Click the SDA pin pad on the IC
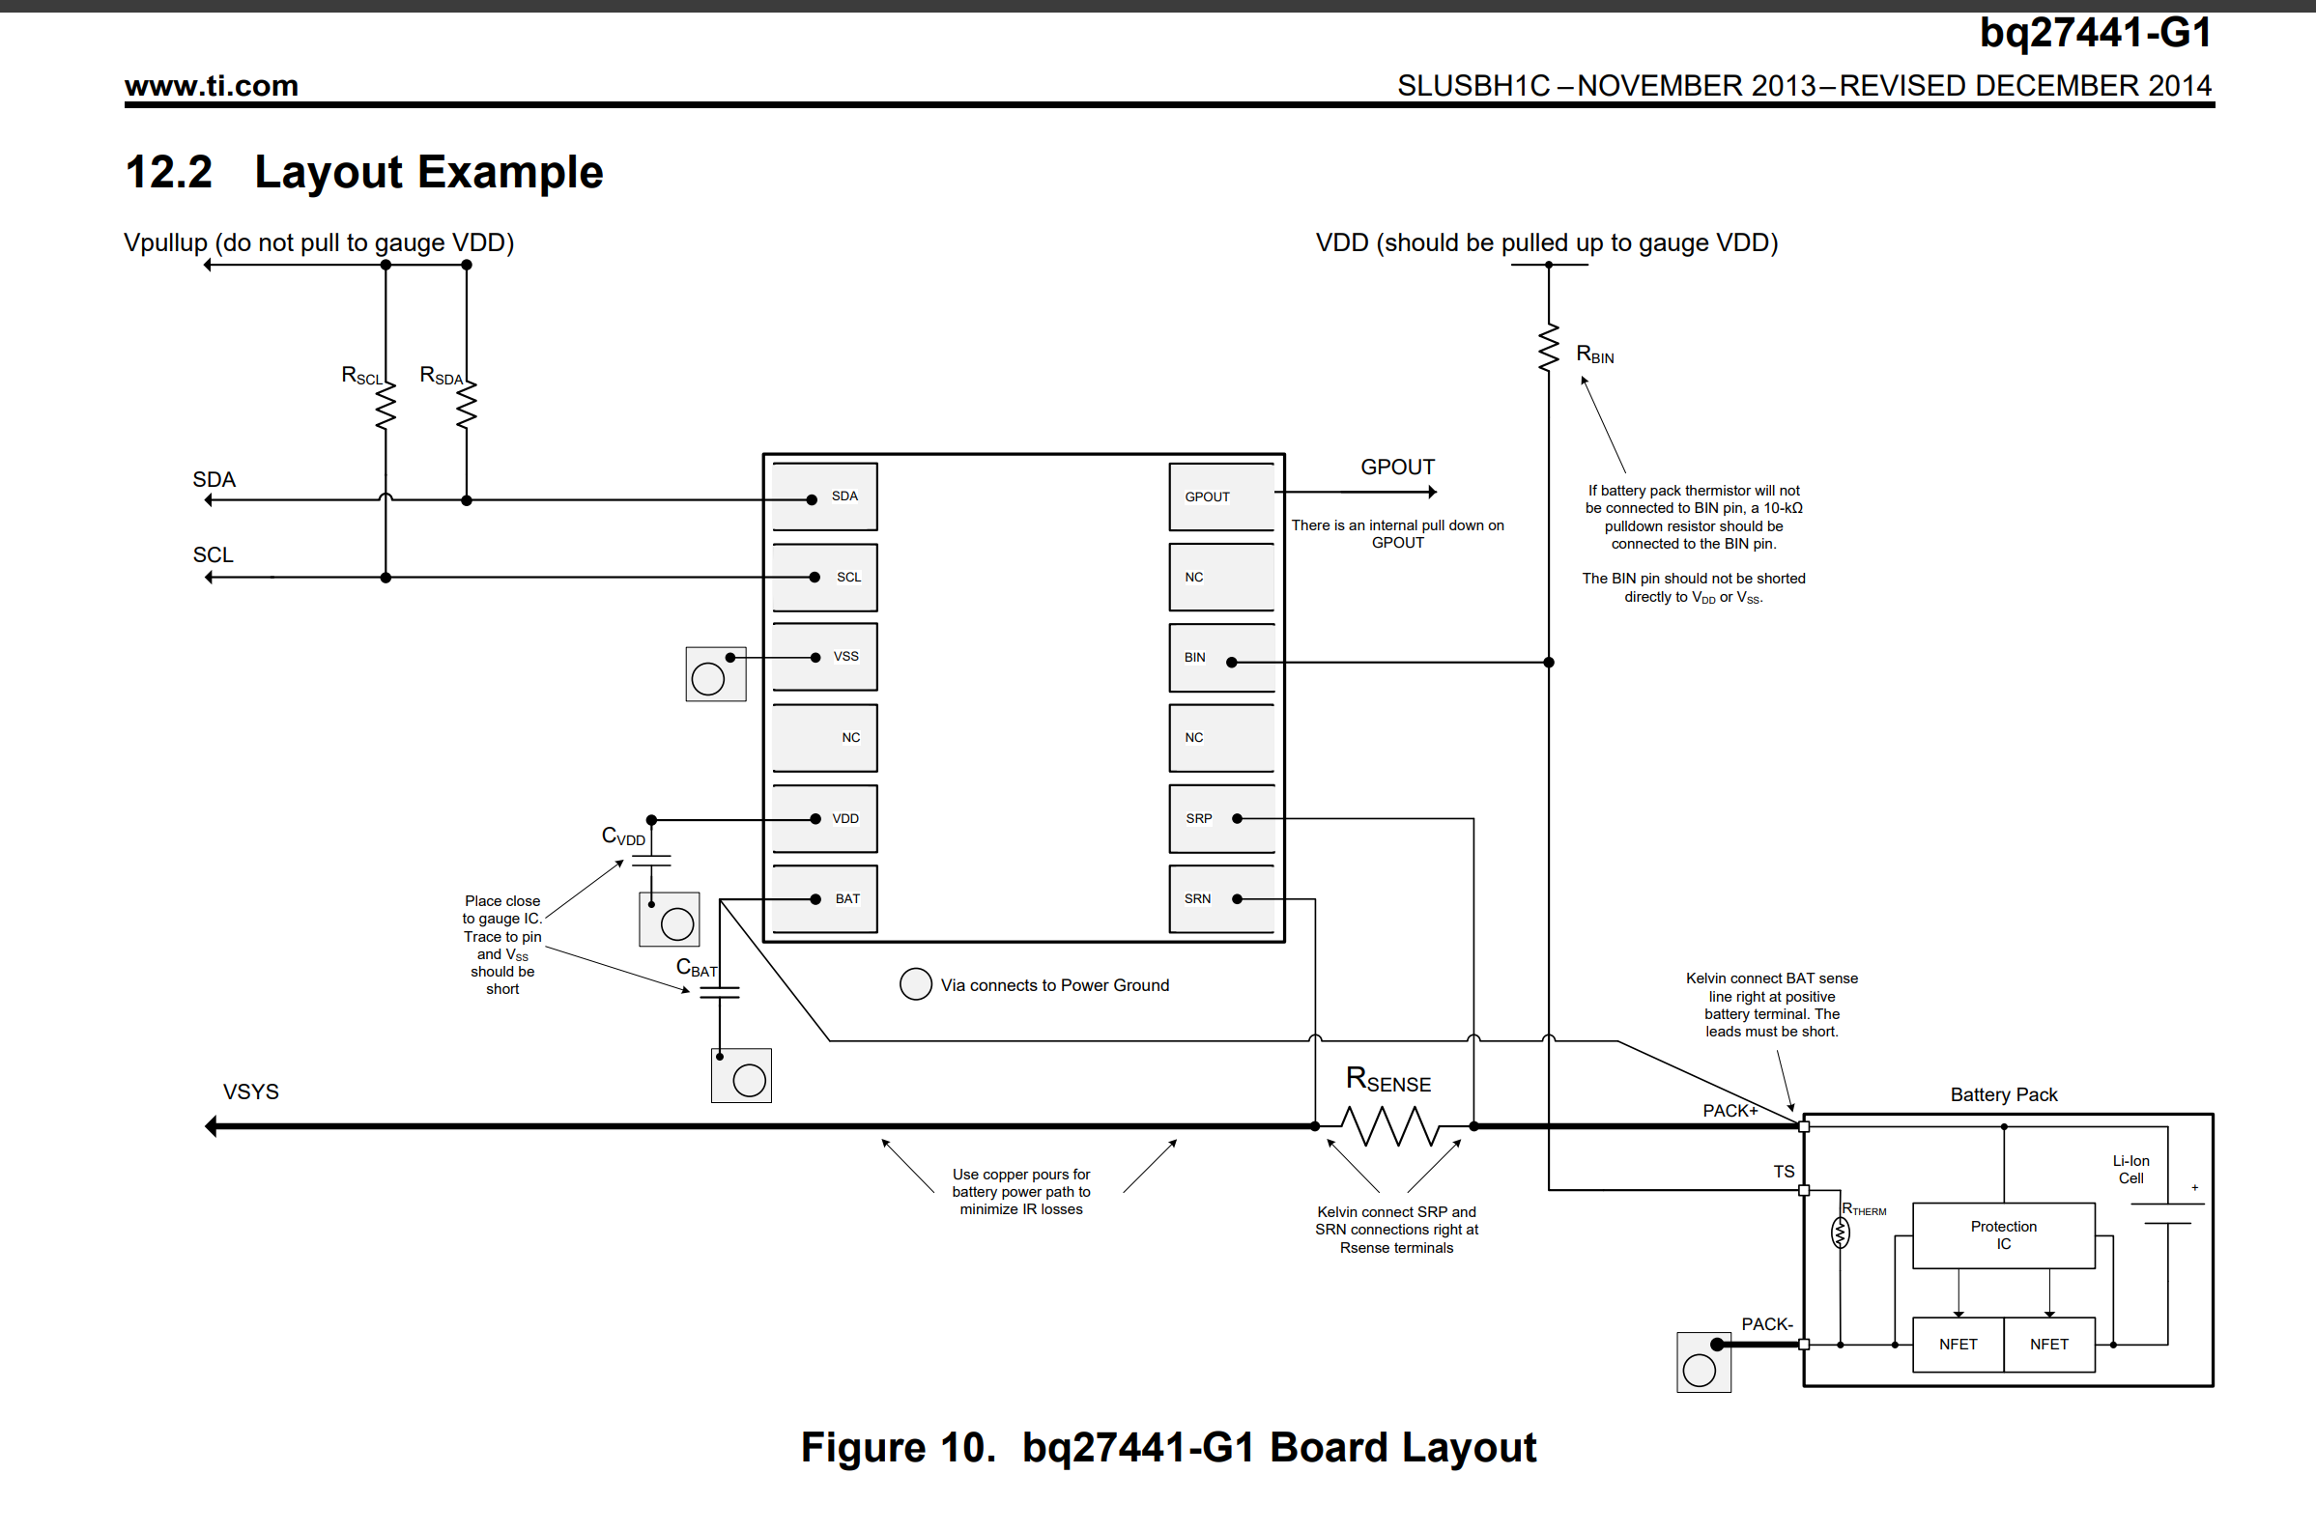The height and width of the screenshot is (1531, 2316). point(824,497)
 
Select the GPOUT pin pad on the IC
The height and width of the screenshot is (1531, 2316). point(1221,497)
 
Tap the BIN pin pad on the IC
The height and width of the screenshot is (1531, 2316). point(1221,658)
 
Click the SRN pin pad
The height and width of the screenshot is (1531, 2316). point(1221,899)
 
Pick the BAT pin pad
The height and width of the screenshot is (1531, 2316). point(824,899)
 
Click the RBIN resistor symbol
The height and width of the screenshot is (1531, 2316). point(1549,349)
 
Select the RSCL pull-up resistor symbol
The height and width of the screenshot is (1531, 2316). point(386,405)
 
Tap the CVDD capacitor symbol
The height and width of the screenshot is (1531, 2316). point(651,861)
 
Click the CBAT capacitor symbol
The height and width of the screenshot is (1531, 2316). point(720,992)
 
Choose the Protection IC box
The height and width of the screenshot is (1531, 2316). point(2003,1235)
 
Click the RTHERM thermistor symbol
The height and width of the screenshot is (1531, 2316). point(1840,1233)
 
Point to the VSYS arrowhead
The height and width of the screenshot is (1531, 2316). point(211,1126)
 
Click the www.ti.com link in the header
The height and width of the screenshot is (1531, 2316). point(211,86)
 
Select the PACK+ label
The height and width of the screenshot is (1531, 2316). point(1730,1110)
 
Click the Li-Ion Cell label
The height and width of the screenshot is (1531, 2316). point(2130,1170)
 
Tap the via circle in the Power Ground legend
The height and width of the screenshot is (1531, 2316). point(915,984)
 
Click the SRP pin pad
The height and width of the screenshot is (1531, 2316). point(1221,818)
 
